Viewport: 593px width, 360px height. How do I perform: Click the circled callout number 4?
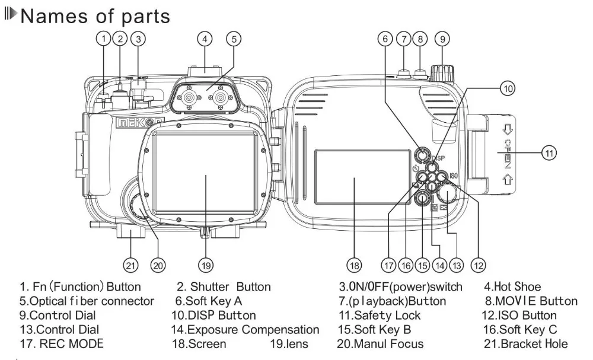(x=205, y=39)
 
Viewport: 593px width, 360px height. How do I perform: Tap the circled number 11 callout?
(x=549, y=153)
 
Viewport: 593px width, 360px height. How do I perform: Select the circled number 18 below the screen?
(x=354, y=265)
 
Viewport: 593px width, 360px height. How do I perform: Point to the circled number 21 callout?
(x=130, y=265)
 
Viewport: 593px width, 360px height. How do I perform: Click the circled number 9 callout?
(x=442, y=39)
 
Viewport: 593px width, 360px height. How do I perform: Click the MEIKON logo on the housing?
(x=140, y=122)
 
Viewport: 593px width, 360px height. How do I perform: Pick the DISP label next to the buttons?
(x=438, y=158)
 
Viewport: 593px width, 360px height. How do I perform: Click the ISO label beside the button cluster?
(x=454, y=176)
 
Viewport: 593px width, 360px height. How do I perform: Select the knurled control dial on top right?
(x=442, y=72)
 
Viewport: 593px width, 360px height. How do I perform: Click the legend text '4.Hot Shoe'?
(x=512, y=286)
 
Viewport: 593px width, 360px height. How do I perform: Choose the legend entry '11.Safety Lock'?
(x=380, y=316)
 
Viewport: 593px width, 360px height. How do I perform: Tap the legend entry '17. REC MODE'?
(x=61, y=344)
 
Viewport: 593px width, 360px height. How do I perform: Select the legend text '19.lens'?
(x=289, y=344)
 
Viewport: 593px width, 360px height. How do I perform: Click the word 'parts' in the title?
(x=146, y=17)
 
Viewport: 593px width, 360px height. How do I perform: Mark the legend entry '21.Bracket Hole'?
(x=525, y=344)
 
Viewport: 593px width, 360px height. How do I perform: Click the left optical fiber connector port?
(x=188, y=98)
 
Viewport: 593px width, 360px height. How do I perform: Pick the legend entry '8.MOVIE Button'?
(x=531, y=301)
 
